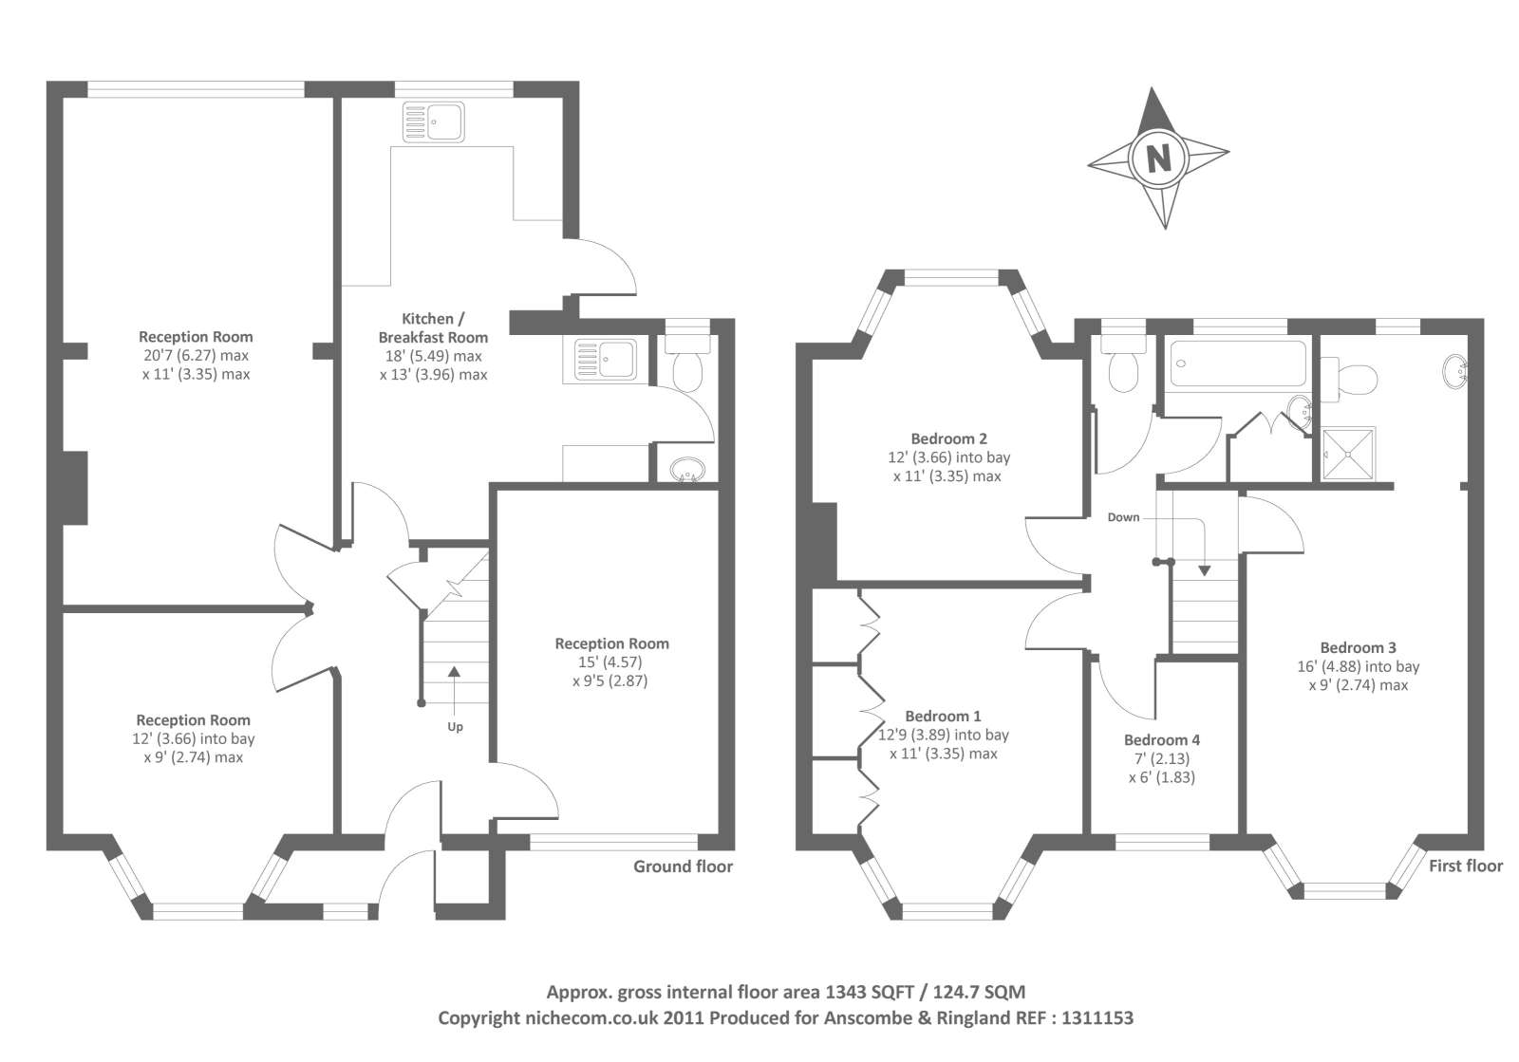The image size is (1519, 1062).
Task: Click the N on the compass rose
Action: coord(1158,158)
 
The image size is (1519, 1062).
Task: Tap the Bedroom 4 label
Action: coord(1161,740)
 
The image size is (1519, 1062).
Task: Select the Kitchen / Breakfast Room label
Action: coord(433,328)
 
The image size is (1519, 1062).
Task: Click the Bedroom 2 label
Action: coord(948,438)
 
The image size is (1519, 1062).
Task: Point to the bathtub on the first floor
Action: coord(1238,363)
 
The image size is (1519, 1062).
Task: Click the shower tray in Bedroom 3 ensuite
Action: coord(1349,454)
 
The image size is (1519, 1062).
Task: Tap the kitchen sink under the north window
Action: coord(433,122)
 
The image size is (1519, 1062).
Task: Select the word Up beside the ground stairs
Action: coord(455,727)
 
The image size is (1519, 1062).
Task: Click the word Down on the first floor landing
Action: coord(1123,517)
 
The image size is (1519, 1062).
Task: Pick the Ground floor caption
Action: coord(683,866)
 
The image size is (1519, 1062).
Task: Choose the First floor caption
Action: coord(1466,866)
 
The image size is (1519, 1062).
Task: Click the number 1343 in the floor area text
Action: coord(845,992)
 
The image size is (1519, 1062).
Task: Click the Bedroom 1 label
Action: coord(943,717)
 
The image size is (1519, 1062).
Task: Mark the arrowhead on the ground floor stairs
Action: coord(454,672)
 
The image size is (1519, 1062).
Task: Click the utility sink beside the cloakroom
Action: coord(605,359)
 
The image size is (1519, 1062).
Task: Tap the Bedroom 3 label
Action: coord(1358,648)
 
